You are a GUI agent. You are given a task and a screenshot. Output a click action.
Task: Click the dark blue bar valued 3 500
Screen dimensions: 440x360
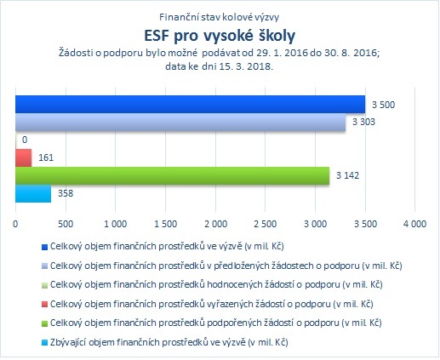click(x=190, y=104)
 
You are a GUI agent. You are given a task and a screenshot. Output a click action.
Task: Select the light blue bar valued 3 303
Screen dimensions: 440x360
click(x=180, y=123)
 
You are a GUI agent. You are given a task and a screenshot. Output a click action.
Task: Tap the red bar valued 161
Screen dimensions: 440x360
click(x=23, y=157)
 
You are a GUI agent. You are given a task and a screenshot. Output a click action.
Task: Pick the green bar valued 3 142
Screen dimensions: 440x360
click(x=172, y=175)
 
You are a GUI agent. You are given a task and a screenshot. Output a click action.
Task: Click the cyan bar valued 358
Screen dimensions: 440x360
click(x=33, y=193)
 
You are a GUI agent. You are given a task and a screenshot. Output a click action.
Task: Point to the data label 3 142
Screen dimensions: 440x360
click(x=347, y=175)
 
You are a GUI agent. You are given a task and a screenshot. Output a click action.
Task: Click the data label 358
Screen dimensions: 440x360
click(x=66, y=193)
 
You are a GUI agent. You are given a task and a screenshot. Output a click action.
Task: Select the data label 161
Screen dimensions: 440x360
click(x=46, y=157)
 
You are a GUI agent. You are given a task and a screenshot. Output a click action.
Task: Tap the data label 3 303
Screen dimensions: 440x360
click(x=363, y=122)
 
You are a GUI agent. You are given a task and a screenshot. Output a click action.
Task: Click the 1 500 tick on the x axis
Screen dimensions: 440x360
click(x=166, y=224)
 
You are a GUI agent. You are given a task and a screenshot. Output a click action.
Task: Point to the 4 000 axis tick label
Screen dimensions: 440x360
click(x=415, y=224)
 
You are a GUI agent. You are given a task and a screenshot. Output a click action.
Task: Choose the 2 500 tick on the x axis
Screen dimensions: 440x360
click(x=266, y=224)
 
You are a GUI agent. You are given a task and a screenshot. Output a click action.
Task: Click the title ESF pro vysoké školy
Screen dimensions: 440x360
click(x=220, y=36)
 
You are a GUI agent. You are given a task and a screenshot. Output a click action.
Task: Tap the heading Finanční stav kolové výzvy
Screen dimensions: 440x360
click(x=220, y=17)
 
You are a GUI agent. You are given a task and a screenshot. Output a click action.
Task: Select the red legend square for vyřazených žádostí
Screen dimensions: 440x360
click(x=44, y=305)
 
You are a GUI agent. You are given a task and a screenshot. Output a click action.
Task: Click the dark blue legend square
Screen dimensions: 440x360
click(x=44, y=247)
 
